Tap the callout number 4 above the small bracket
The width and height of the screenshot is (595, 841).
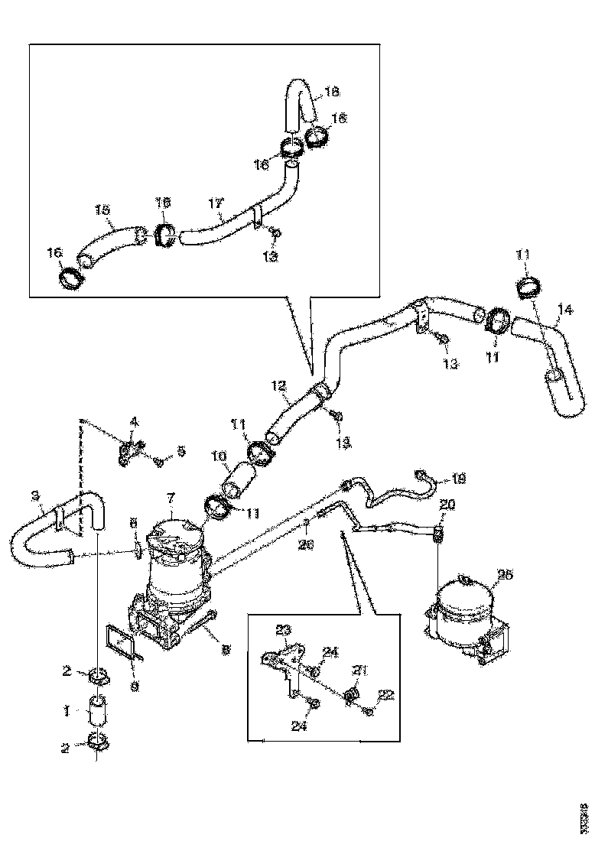(x=134, y=421)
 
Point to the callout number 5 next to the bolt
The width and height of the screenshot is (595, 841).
(x=180, y=452)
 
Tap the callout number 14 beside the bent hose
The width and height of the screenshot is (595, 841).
(x=564, y=310)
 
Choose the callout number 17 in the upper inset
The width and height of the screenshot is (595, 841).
(x=216, y=203)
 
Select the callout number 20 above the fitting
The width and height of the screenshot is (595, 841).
(x=447, y=505)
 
